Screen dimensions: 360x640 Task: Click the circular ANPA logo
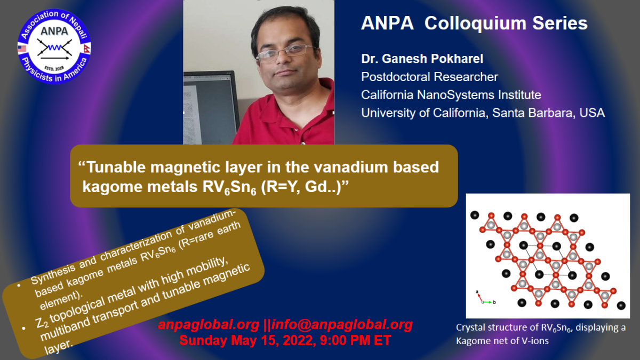[x=54, y=47]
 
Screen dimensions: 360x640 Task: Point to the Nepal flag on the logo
[x=87, y=49]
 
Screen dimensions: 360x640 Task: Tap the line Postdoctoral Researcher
[x=429, y=77]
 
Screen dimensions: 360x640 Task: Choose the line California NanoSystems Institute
[x=451, y=95]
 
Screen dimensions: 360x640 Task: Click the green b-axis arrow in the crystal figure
[x=487, y=302]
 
